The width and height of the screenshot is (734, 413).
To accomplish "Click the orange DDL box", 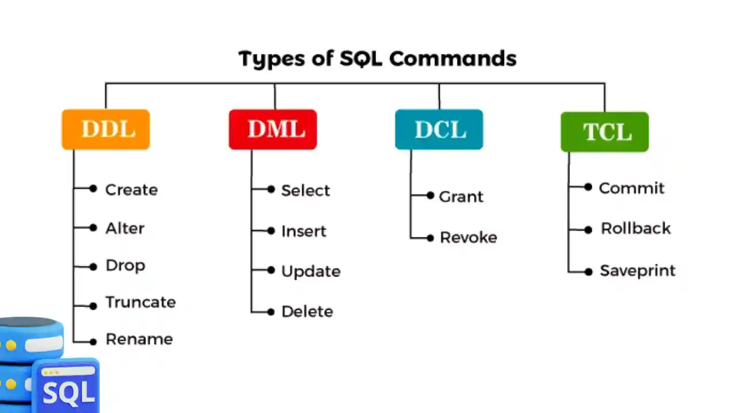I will click(x=106, y=130).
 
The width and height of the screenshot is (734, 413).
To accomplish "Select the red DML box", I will click(x=272, y=130).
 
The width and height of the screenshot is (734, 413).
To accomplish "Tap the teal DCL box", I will click(x=439, y=130).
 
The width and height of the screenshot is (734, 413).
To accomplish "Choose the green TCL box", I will click(x=604, y=132).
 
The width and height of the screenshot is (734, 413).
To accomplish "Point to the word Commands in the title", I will click(x=453, y=59).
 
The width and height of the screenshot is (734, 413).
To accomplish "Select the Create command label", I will click(x=131, y=190).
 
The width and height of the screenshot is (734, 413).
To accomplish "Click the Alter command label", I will click(x=125, y=228).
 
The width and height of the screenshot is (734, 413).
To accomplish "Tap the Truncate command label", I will click(x=140, y=302).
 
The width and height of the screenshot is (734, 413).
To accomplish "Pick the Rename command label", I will click(x=139, y=339).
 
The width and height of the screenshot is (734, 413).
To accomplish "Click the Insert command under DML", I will click(x=303, y=231).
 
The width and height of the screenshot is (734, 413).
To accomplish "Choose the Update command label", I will click(x=311, y=271).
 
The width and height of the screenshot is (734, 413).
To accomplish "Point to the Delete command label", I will click(x=307, y=311).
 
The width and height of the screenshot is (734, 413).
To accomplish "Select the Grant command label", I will click(x=461, y=197).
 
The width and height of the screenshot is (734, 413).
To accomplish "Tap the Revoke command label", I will click(x=468, y=237).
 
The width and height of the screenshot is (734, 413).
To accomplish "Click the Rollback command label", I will click(x=635, y=228).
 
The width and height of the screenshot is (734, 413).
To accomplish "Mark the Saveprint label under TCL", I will click(x=637, y=271).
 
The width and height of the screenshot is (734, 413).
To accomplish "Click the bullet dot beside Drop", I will click(x=93, y=266).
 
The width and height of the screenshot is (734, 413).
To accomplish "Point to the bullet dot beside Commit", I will click(x=588, y=187).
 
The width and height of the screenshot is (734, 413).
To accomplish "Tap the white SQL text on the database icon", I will click(x=68, y=392).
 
